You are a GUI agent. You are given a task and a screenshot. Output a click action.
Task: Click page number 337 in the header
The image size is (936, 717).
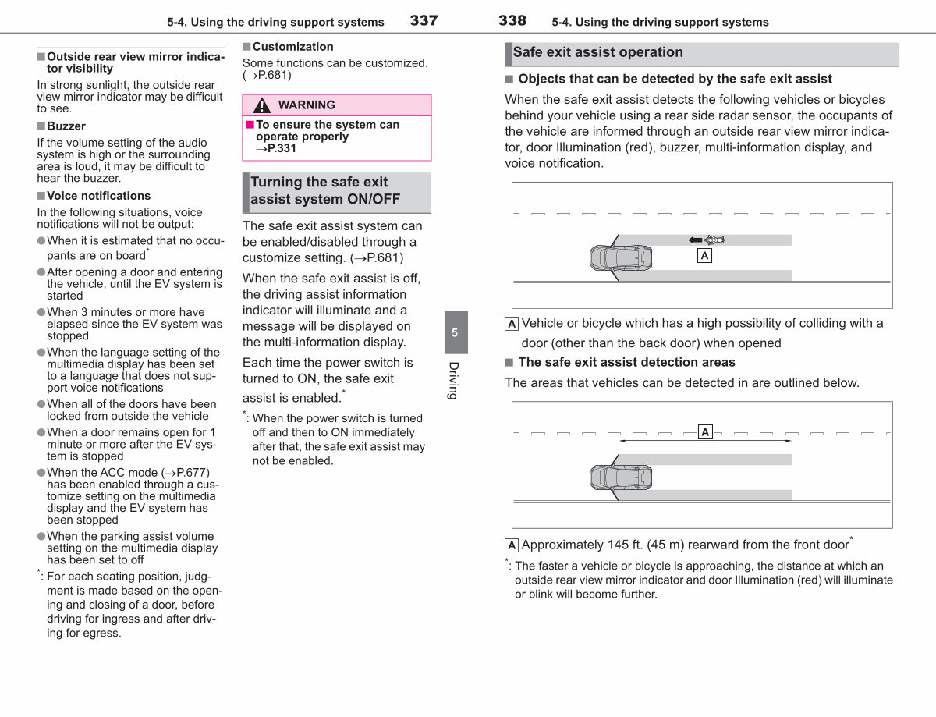[424, 20]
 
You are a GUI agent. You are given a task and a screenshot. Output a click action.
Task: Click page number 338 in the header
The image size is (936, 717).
[512, 20]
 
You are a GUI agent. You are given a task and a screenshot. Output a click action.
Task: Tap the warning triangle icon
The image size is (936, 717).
[261, 105]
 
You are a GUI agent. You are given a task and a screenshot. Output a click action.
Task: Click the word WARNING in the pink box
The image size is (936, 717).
[307, 105]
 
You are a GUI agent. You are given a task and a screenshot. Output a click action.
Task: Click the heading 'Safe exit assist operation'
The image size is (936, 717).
[597, 52]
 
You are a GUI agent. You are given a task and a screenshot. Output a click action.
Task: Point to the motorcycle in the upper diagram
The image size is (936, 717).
[714, 240]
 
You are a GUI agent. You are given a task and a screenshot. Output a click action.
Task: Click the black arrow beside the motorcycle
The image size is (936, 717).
[695, 240]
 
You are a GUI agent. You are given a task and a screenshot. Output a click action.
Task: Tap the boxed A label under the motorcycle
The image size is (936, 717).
[704, 256]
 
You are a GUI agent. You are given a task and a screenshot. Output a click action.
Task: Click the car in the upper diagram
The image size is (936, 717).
[621, 258]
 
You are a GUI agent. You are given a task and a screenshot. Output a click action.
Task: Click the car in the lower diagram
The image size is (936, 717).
[621, 477]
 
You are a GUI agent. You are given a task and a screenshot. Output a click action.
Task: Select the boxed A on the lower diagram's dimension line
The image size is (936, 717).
[705, 432]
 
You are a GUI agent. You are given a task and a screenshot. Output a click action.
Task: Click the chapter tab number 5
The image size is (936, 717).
[455, 332]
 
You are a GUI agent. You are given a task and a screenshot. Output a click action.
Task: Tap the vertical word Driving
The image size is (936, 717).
[454, 381]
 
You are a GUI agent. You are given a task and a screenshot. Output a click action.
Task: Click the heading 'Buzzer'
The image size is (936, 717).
[66, 126]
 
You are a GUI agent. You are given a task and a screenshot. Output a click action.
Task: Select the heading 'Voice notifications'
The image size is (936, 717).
[98, 196]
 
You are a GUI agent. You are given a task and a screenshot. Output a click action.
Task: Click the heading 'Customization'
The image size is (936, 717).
[293, 47]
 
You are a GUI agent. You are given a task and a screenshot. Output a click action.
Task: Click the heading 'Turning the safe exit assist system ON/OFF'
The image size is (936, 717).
[325, 190]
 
